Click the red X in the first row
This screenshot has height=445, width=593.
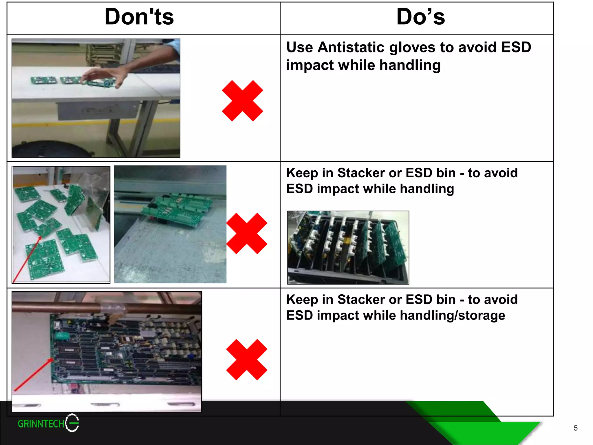(242, 101)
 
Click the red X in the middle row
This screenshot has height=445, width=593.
(247, 234)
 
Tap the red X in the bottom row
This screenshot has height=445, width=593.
(247, 360)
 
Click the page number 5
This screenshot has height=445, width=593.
(575, 428)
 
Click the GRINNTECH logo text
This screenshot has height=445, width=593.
(41, 424)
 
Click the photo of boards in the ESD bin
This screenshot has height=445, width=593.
(348, 247)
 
